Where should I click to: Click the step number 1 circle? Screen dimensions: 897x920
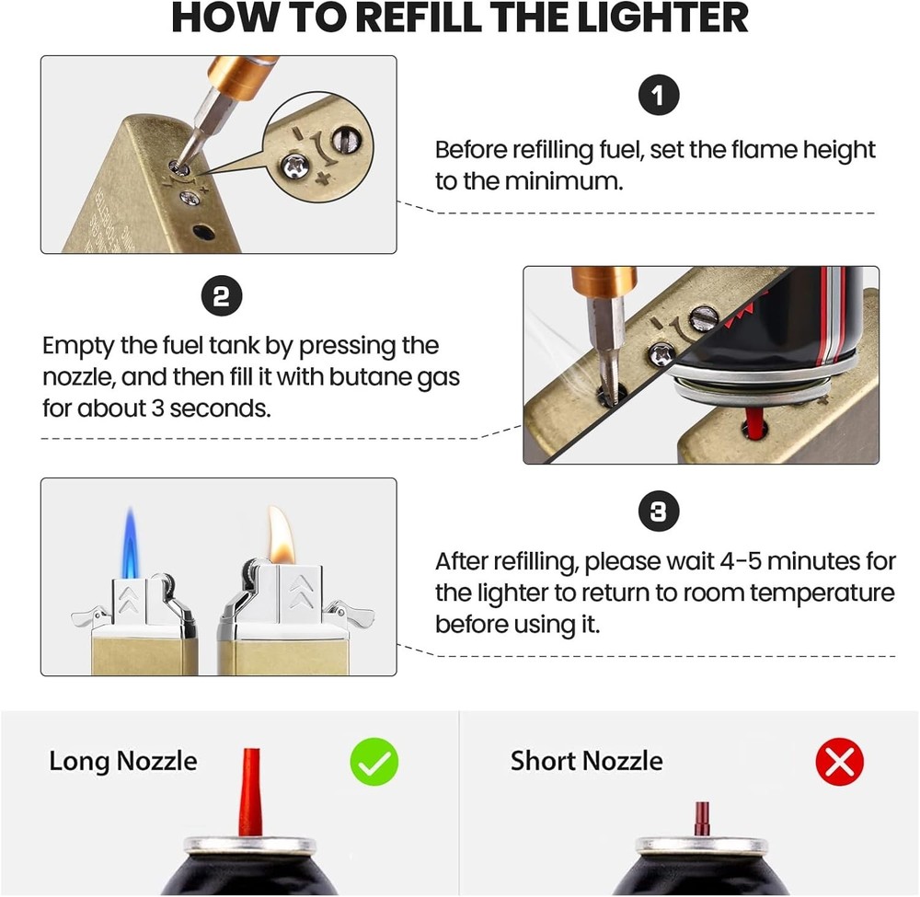[659, 96]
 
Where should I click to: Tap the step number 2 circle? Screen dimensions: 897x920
[221, 296]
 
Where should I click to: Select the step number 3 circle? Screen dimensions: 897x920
[659, 512]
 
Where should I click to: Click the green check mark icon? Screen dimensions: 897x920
[374, 763]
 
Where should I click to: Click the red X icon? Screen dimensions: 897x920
[839, 763]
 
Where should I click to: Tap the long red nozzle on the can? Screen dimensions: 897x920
[248, 792]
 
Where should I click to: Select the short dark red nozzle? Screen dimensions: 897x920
[702, 818]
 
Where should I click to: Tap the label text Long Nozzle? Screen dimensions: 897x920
[122, 762]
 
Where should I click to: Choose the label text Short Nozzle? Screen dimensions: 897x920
[586, 762]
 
